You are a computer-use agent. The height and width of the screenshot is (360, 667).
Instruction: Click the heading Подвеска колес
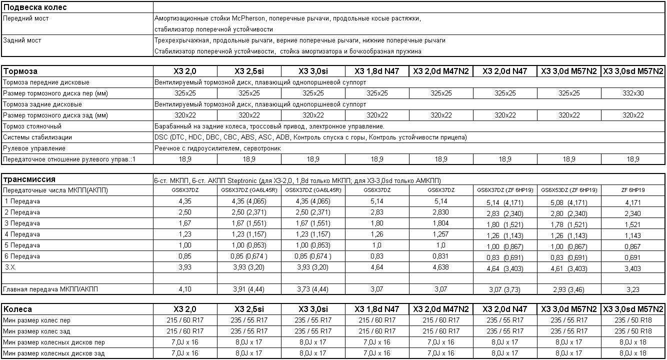35,7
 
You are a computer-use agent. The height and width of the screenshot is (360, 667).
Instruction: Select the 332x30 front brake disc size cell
633,93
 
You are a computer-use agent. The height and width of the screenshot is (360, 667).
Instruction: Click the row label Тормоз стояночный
32,126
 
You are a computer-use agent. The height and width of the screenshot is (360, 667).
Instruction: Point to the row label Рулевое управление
34,148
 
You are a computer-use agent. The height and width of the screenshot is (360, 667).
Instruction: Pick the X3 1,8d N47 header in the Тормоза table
377,71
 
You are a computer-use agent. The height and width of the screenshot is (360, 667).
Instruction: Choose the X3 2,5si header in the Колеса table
249,309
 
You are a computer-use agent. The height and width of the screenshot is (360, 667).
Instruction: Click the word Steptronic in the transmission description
247,180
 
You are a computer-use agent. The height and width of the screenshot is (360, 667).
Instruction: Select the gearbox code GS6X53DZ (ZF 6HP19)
569,190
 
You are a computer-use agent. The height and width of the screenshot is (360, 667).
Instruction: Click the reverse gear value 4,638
441,267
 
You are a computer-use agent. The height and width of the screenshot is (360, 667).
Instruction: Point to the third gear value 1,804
441,223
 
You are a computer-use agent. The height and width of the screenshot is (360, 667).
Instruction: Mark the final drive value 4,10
185,289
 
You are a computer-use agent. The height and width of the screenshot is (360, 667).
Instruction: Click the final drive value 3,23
633,289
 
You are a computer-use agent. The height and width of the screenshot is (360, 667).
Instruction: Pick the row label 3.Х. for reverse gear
11,267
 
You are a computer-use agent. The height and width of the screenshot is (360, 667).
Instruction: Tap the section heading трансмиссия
29,179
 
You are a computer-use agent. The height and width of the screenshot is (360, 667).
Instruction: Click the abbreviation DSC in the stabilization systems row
161,137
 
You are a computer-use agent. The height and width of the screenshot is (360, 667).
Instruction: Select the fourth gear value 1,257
441,234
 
